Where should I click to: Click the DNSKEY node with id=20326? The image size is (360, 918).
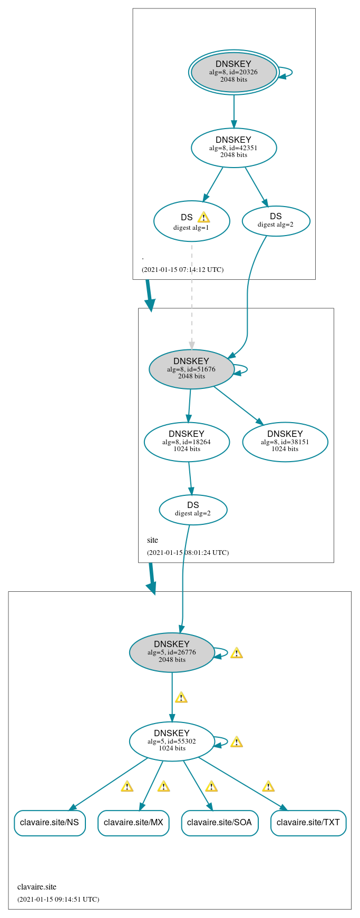point(233,72)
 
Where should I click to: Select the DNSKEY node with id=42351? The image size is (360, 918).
point(233,148)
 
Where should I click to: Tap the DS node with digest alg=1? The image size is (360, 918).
point(191,221)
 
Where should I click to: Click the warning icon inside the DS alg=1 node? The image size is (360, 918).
point(203,217)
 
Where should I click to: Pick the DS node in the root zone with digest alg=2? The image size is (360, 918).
point(276,220)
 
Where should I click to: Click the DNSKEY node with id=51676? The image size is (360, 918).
point(191,369)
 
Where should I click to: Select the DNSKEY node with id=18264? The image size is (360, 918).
point(187,442)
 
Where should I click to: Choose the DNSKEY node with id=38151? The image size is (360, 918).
point(285,442)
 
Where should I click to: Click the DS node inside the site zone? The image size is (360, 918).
point(193,510)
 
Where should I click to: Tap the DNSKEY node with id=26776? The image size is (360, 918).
point(172,652)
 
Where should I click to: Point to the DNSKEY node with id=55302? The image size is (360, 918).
point(172,741)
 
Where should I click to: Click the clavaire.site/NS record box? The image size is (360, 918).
point(50,823)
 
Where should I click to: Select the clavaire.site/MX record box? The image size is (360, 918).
point(133,823)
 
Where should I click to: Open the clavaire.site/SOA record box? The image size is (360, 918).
point(220,823)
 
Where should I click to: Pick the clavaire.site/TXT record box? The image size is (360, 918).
point(308,823)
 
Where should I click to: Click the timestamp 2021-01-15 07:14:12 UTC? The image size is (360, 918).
point(182,269)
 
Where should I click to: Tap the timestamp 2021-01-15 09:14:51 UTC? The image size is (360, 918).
point(58,899)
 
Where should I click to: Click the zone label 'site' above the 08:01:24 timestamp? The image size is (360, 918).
point(152,540)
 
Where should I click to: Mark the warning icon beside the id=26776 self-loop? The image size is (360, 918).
point(237,653)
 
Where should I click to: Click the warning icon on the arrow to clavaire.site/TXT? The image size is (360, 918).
point(268,786)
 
